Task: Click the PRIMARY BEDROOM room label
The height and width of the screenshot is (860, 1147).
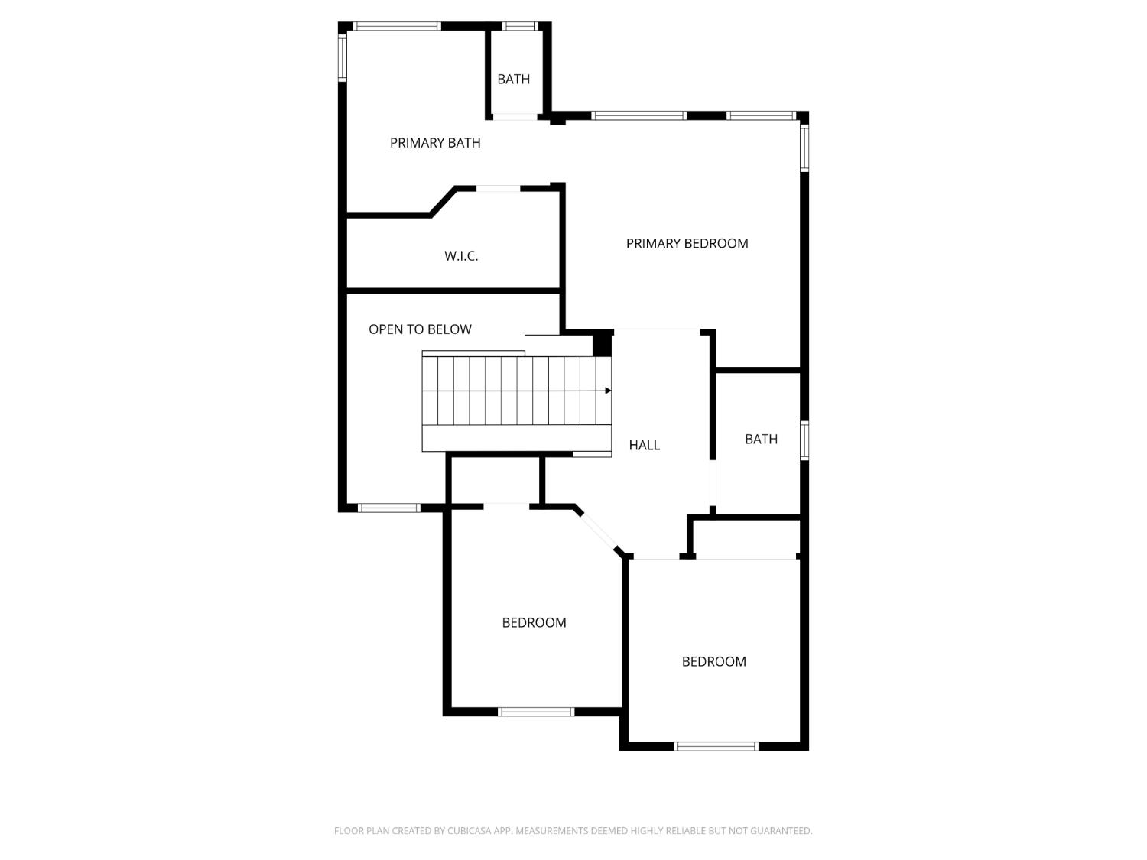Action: [x=687, y=243]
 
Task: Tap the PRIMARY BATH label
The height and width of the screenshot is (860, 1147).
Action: [x=435, y=143]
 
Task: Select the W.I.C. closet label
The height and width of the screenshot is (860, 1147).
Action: [x=461, y=256]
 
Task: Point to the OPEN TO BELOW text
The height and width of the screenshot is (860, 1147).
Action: [x=420, y=329]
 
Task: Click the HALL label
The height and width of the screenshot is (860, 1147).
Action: [x=644, y=445]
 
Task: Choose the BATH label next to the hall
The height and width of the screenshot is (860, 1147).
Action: [x=761, y=439]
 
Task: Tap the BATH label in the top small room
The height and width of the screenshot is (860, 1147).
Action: [x=513, y=79]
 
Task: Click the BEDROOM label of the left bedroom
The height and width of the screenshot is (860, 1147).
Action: [x=534, y=622]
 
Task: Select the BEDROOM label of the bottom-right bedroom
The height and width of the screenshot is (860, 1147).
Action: [x=713, y=661]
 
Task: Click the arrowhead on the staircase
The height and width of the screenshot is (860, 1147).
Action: [x=608, y=391]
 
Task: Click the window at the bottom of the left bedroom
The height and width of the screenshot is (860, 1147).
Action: [x=536, y=712]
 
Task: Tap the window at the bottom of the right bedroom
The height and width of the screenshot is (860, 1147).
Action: [x=716, y=746]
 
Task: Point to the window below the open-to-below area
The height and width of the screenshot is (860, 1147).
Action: [x=389, y=508]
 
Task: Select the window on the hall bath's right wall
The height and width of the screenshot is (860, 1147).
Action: [x=804, y=440]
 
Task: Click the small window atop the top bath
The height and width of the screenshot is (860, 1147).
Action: [x=520, y=26]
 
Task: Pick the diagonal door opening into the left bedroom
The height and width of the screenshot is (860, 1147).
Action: [x=598, y=530]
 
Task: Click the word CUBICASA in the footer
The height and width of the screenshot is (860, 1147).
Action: [x=469, y=831]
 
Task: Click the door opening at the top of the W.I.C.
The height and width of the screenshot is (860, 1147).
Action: [x=499, y=188]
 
